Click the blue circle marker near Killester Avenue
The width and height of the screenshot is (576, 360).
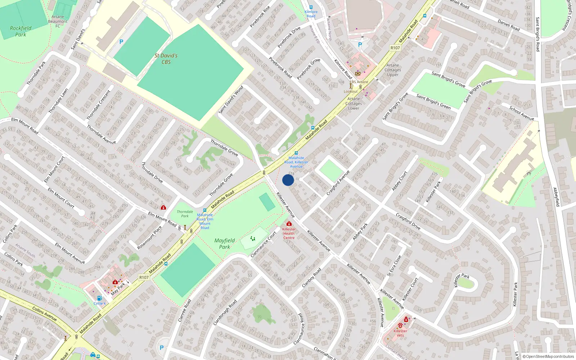click(x=288, y=180)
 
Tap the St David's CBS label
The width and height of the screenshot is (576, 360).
click(x=166, y=59)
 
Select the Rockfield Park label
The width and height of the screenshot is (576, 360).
click(x=21, y=31)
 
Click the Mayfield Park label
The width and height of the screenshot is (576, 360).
click(x=225, y=244)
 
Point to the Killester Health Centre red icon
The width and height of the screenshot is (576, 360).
click(x=289, y=224)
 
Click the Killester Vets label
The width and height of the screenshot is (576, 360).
click(x=400, y=333)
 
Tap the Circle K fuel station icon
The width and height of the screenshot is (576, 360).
click(x=99, y=298)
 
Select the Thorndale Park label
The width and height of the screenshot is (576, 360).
click(x=185, y=214)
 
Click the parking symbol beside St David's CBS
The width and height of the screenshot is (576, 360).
click(x=121, y=42)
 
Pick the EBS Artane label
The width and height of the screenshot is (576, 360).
click(x=359, y=82)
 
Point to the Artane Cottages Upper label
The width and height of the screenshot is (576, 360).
click(x=393, y=70)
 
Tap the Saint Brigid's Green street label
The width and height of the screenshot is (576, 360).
click(x=433, y=102)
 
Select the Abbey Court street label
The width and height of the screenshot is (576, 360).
click(x=400, y=181)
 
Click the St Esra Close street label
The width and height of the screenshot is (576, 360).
click(x=394, y=266)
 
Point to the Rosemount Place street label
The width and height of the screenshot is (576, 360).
click(x=149, y=238)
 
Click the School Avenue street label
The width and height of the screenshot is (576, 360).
click(x=521, y=113)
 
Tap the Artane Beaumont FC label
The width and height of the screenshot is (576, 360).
click(x=58, y=21)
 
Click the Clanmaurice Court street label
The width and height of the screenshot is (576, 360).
click(x=264, y=244)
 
